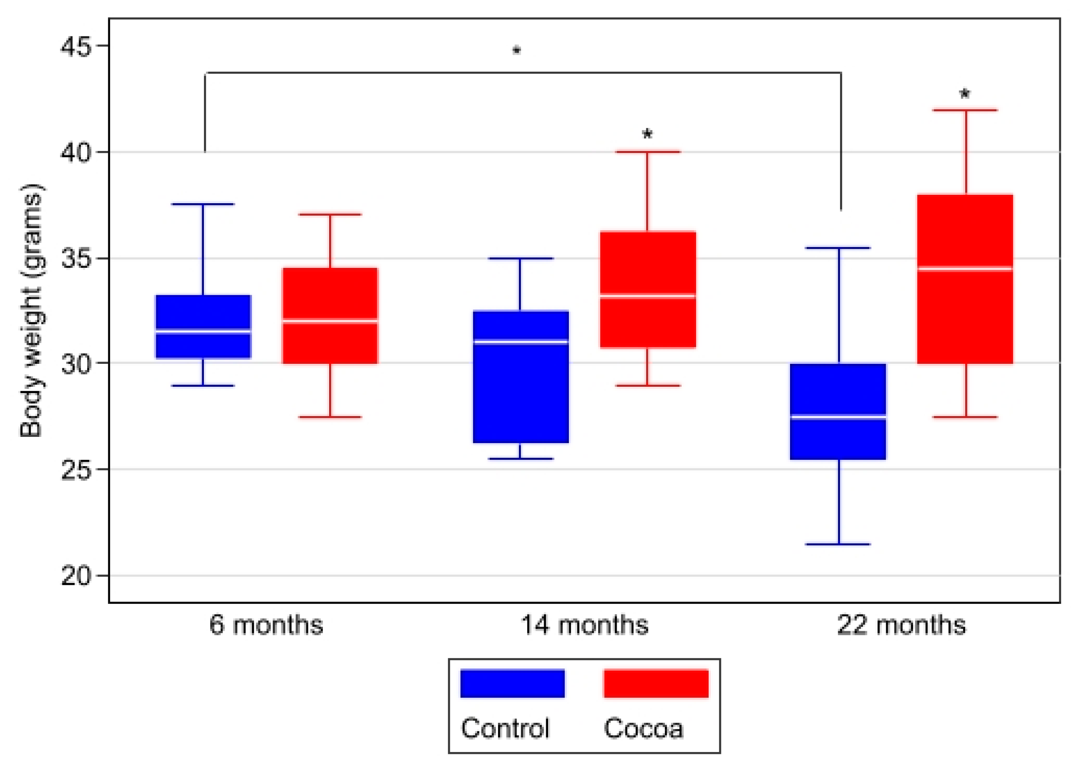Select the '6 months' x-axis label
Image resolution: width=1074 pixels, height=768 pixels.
[266, 625]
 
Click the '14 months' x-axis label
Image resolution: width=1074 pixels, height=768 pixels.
[584, 625]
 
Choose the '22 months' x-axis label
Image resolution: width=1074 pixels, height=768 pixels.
[901, 625]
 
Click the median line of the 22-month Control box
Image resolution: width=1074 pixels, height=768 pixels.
[838, 417]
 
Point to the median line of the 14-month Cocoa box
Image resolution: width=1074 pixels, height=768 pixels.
[647, 297]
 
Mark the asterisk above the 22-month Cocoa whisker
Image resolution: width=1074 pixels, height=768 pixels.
[964, 94]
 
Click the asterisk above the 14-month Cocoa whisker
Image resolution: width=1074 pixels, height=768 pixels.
[647, 134]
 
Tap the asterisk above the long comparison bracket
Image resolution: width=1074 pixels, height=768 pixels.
[517, 50]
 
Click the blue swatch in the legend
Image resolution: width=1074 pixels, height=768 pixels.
[512, 683]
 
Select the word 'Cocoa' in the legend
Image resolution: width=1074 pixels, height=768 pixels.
[643, 729]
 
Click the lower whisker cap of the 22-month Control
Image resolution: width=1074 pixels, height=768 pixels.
[838, 544]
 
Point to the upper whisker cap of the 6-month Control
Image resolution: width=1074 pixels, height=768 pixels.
[203, 205]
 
